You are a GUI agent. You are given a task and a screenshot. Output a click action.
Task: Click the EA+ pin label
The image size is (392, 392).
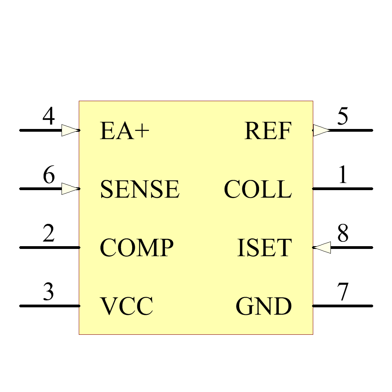[125, 131]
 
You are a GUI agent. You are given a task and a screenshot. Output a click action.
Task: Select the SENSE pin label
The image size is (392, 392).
[140, 189]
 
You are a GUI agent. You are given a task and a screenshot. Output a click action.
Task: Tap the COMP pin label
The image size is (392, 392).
[136, 248]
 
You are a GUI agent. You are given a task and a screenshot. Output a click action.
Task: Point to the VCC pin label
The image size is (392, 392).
[126, 306]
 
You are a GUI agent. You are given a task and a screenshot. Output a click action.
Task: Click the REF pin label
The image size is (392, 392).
[268, 131]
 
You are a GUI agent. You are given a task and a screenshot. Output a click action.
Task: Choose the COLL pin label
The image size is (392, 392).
[258, 189]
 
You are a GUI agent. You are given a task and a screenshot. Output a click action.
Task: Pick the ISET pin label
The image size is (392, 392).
[265, 248]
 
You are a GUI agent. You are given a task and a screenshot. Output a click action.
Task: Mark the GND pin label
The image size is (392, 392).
[264, 306]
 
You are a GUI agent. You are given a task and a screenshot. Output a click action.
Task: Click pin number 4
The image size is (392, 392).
[49, 116]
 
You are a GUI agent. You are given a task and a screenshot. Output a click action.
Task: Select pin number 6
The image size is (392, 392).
[49, 175]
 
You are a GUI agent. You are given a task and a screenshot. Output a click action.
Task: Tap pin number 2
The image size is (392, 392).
[49, 234]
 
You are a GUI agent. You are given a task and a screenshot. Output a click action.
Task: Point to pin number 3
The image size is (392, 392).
[49, 292]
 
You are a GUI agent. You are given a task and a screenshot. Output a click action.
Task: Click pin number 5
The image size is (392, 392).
[343, 116]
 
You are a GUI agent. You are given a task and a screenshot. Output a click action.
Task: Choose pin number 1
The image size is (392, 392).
[343, 175]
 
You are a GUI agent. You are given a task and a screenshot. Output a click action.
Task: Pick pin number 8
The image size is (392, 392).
[343, 234]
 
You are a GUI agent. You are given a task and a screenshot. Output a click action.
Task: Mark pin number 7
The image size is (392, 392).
[343, 292]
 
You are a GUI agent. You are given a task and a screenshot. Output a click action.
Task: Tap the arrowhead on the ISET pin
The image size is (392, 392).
[323, 247]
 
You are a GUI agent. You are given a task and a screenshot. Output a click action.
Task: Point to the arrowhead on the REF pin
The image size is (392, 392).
[321, 130]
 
